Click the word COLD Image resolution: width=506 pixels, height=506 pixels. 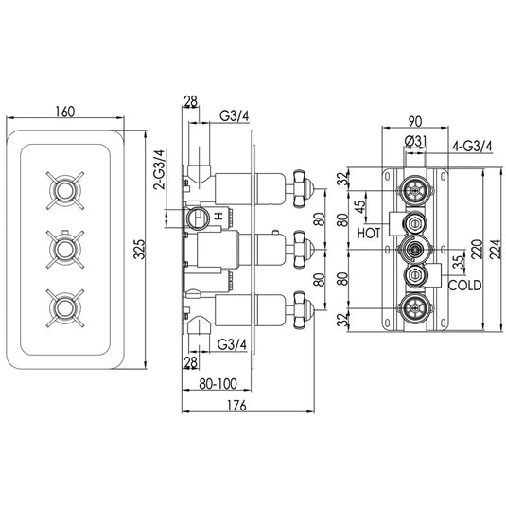(465, 285)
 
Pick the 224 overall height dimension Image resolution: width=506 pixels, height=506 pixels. (495, 248)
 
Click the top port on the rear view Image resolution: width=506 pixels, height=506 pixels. (413, 188)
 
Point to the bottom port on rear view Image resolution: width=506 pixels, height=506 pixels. (413, 306)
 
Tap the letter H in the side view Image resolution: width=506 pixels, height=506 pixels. (218, 218)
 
